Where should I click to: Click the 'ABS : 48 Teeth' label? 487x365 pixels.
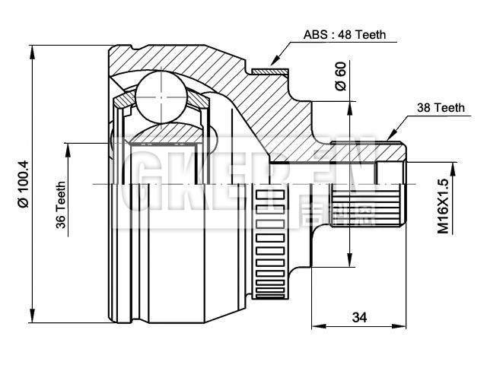point(345,34)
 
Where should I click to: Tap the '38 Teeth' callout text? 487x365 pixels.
point(440,108)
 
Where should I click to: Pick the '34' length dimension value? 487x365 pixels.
point(360,317)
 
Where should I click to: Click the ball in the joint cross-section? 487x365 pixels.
point(161,97)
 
